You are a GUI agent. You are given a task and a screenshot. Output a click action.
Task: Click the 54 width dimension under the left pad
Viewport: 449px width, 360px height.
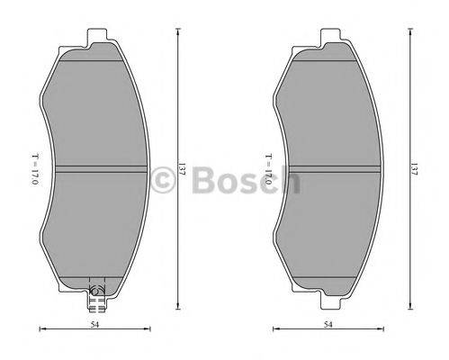[x=95, y=324]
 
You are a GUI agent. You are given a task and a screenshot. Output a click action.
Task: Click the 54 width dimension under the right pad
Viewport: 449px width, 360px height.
[x=328, y=324]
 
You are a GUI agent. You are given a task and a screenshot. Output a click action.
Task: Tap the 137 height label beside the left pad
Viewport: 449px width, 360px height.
[x=181, y=169]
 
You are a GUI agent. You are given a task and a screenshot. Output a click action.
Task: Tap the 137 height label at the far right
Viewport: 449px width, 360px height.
[x=414, y=169]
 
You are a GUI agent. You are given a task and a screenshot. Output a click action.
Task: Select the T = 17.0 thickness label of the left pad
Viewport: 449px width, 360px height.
[x=35, y=169]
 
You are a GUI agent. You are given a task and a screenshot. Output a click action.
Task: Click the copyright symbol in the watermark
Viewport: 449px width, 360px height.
[x=163, y=180]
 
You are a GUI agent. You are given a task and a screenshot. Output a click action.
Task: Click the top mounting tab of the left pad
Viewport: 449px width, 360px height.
[x=97, y=36]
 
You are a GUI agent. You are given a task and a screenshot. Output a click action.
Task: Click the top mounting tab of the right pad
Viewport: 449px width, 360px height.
[x=330, y=36]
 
